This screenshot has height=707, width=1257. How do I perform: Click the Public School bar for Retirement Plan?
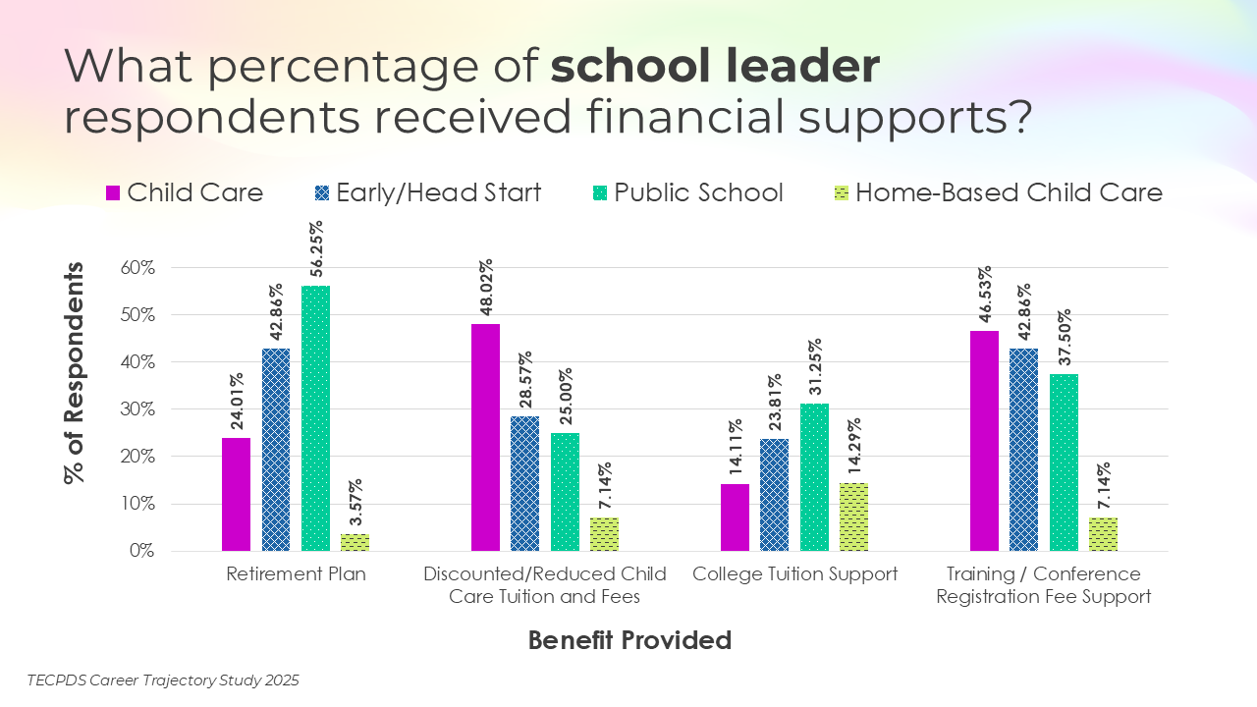pos(316,418)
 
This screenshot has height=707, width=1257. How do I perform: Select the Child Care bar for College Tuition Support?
pos(735,517)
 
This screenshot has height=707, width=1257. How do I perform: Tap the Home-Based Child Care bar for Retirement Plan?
pos(355,542)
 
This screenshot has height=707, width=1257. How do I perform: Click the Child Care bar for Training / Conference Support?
pos(984,441)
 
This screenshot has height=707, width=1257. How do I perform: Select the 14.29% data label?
pos(854,451)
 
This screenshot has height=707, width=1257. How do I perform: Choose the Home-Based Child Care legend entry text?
pos(1009,192)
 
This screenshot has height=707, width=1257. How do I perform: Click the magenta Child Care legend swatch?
pos(112,192)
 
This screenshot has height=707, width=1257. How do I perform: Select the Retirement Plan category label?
pos(296,574)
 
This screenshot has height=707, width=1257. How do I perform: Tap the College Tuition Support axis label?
pos(794,574)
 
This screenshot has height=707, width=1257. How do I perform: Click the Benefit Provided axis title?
pos(629,640)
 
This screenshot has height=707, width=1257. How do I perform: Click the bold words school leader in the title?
pos(715,67)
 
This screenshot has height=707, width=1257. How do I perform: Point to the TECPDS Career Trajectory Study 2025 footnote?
pos(163,680)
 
